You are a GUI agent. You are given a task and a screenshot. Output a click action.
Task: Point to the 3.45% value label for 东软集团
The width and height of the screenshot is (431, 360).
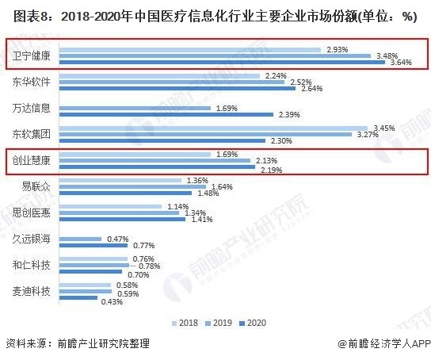pos(383,128)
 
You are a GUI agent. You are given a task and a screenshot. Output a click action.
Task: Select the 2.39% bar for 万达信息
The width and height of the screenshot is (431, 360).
pos(166,114)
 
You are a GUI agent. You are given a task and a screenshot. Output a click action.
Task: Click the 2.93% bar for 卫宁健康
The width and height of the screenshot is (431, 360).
pos(190,49)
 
